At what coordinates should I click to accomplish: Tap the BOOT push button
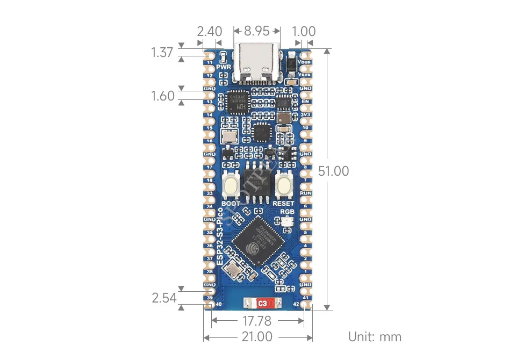(x=233, y=186)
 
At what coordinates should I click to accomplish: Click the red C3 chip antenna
(x=263, y=304)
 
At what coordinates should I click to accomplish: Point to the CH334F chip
(x=238, y=102)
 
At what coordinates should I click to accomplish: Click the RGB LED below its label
(x=286, y=222)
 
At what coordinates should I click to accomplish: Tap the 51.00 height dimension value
(x=334, y=171)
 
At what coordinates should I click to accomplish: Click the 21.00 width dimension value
(x=257, y=337)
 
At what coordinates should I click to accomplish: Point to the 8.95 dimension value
(x=256, y=31)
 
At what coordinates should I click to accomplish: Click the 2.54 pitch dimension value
(x=164, y=298)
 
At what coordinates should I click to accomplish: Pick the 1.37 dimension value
(x=162, y=53)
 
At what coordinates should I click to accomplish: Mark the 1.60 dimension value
(x=163, y=96)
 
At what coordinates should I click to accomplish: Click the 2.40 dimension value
(x=210, y=31)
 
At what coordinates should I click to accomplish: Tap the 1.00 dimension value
(x=305, y=31)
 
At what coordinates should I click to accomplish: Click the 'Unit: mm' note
(x=375, y=337)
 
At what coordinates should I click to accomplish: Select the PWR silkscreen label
(x=224, y=67)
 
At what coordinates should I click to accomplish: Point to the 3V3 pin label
(x=305, y=114)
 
